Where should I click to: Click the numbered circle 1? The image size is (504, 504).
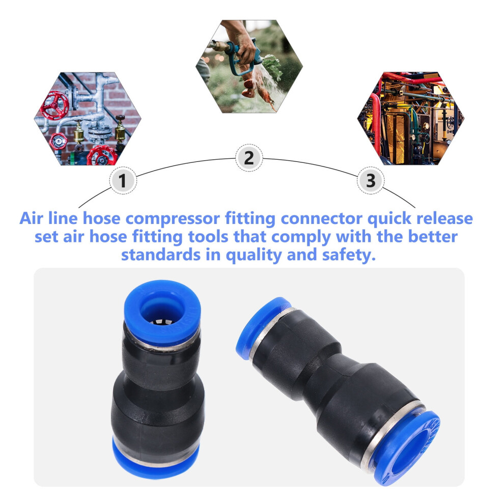coord(123,181)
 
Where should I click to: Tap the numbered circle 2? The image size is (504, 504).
coord(249,158)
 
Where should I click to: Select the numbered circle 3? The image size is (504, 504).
coord(371,180)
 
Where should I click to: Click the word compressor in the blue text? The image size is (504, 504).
coord(172,218)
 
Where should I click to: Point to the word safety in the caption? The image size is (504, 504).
coord(349,255)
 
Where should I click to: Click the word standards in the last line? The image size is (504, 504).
coord(161,255)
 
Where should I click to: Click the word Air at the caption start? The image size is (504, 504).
coord(31,218)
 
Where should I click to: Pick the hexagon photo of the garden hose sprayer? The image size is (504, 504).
coord(249,67)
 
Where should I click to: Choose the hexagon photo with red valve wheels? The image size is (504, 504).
coord(88,119)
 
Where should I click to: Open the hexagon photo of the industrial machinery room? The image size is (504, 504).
coord(411,118)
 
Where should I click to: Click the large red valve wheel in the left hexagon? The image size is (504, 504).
coord(54,105)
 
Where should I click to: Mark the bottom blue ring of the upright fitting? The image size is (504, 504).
coord(156,459)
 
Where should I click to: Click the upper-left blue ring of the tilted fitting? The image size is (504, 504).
coord(262,327)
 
